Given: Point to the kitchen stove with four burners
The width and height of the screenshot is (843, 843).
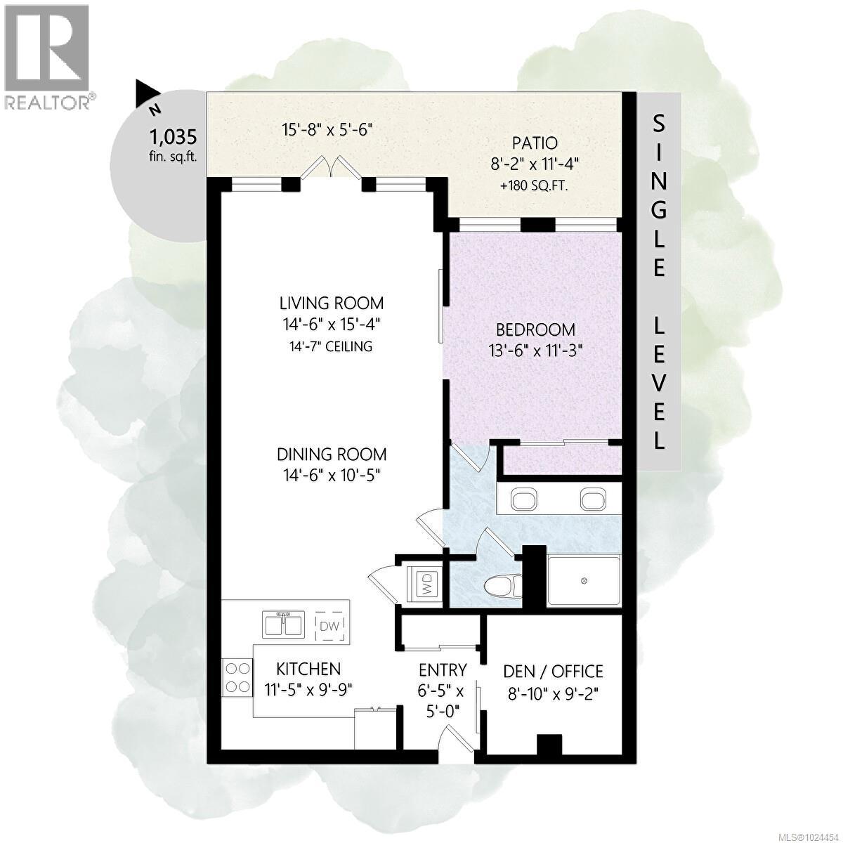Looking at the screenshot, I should pyautogui.click(x=237, y=677).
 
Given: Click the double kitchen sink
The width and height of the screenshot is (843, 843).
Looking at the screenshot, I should pyautogui.click(x=285, y=623).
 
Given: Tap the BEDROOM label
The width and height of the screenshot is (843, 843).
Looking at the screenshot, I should pyautogui.click(x=535, y=329).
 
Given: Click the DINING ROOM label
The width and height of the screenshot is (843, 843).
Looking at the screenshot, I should pyautogui.click(x=332, y=455).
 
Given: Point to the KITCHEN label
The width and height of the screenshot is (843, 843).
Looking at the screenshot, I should pyautogui.click(x=308, y=669).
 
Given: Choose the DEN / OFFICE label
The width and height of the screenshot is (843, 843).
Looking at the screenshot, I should pyautogui.click(x=554, y=671).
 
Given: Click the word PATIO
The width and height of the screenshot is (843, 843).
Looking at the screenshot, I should pyautogui.click(x=535, y=143).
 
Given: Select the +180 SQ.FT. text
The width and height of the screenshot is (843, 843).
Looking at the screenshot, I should pyautogui.click(x=535, y=187).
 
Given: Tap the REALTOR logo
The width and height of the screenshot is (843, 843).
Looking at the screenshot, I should pyautogui.click(x=47, y=56).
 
